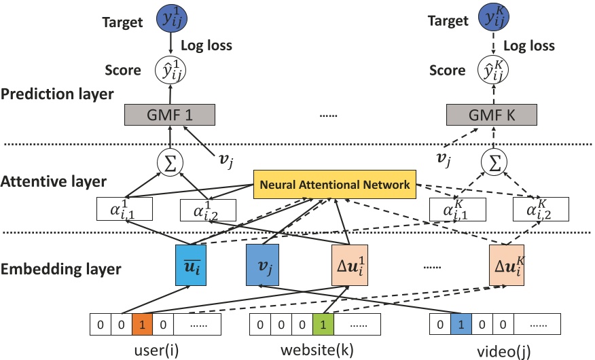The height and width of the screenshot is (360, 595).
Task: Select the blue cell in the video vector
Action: point(459,324)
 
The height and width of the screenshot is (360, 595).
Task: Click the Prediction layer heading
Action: point(57,94)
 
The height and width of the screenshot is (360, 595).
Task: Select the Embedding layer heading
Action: point(61,268)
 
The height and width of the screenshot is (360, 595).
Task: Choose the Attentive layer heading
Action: point(54,181)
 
